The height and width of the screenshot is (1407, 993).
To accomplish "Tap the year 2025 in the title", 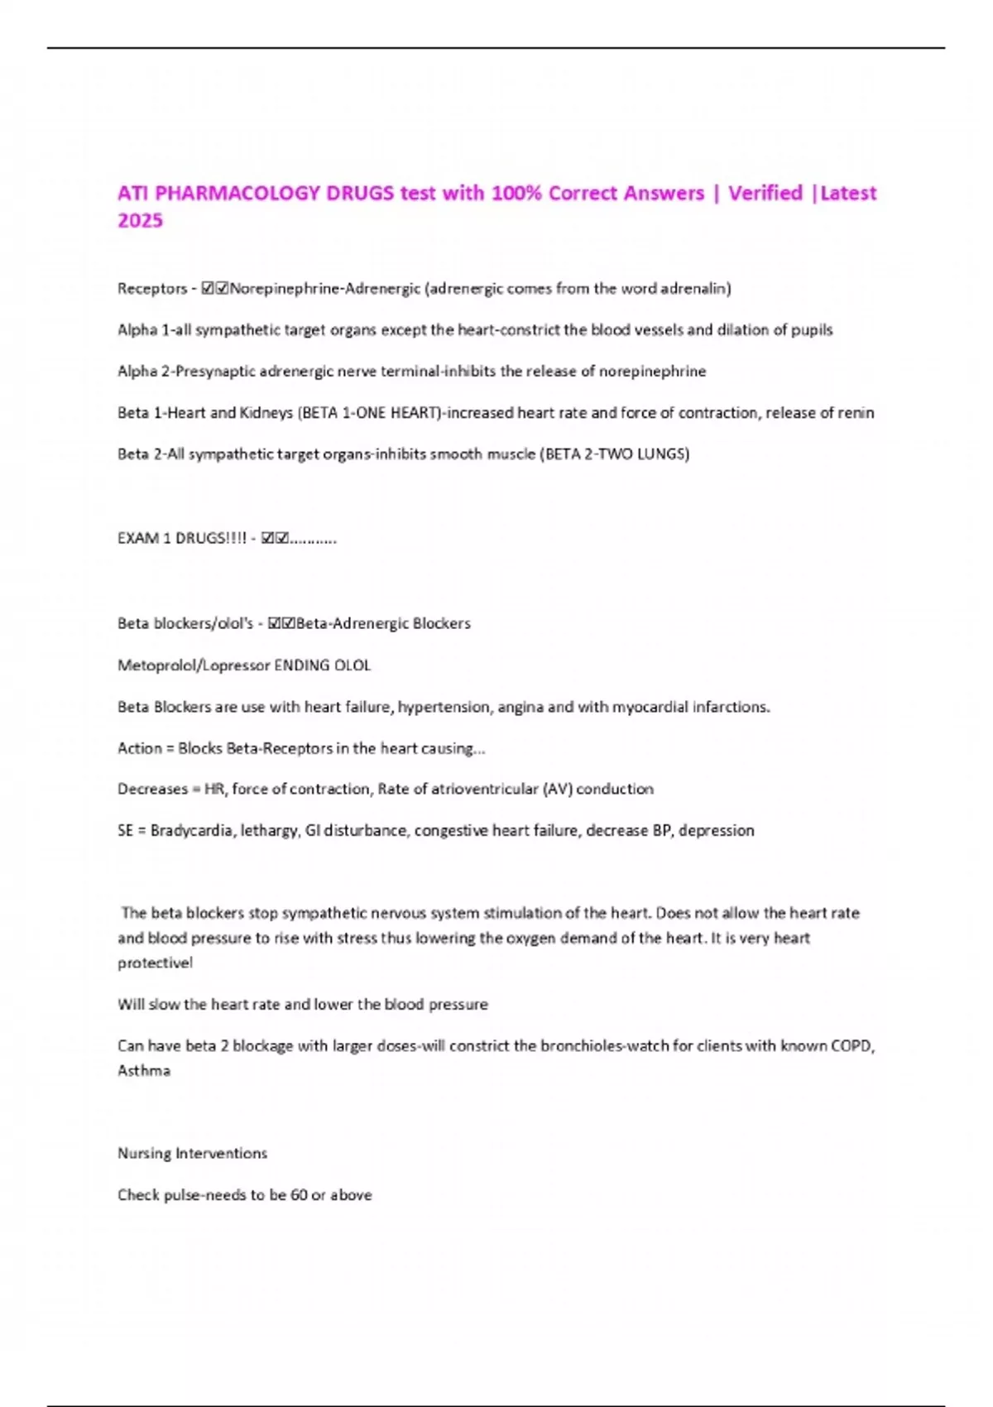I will point(140,220).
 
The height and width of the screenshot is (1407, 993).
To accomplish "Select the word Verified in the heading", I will point(765,193).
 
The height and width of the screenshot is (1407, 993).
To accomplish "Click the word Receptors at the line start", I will point(152,288).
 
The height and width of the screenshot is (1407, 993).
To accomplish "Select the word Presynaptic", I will point(215,371).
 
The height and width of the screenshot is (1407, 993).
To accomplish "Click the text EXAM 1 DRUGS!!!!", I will point(182,538).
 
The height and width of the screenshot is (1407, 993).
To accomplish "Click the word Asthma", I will point(144,1070).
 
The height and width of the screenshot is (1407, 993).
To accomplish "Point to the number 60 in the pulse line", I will point(299,1194).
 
